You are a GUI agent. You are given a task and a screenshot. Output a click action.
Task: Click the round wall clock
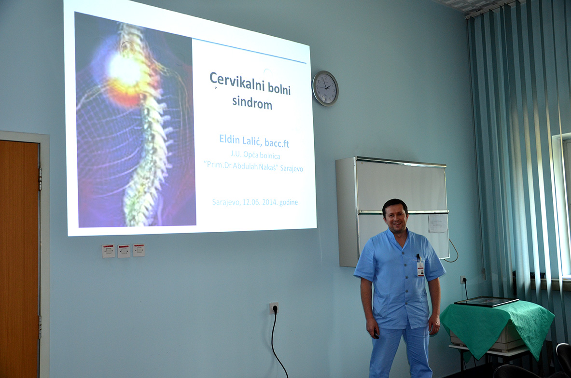tap(325, 88)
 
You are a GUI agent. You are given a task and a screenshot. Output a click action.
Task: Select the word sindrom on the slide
tap(252, 102)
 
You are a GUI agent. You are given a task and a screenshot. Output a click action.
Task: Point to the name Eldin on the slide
tap(229, 140)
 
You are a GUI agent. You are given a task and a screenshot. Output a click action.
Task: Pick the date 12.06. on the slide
tap(251, 202)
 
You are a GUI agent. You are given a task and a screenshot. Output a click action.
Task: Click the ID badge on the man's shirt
tap(420, 267)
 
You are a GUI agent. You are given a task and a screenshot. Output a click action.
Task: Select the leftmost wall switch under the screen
tap(108, 251)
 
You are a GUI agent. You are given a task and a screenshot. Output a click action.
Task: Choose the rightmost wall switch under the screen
tap(139, 250)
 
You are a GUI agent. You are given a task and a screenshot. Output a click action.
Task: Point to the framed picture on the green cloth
tap(486, 301)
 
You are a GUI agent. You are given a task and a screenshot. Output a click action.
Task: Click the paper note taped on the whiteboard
tap(437, 223)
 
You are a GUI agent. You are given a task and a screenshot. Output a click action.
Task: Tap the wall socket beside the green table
tap(463, 280)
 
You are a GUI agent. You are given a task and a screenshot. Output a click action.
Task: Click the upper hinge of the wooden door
tap(40, 179)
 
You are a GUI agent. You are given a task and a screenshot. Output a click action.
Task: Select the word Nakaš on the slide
tap(268, 168)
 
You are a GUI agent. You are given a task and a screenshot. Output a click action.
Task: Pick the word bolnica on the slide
tap(270, 156)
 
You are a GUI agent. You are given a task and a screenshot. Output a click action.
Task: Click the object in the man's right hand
tap(376, 334)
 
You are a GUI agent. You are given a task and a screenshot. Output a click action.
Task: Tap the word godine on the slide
tap(289, 202)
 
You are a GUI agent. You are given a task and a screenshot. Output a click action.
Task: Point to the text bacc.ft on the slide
tap(277, 143)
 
